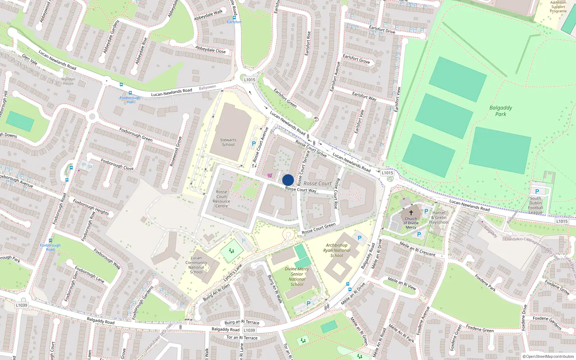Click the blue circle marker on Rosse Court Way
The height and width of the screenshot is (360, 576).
(288, 180)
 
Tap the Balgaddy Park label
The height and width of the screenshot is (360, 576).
(500, 111)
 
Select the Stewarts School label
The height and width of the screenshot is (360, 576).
(228, 142)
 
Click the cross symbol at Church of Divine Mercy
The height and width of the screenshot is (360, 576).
(411, 213)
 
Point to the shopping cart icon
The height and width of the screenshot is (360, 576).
(270, 175)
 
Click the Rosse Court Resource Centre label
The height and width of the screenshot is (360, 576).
(221, 199)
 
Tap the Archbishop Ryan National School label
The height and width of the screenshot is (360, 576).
(337, 250)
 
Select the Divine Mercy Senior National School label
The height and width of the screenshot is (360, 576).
(297, 276)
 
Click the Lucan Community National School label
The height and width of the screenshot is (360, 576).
(196, 265)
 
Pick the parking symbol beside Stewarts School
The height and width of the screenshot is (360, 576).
(254, 144)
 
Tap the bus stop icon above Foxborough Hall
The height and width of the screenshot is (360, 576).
(130, 93)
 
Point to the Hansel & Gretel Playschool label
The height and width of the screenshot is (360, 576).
(439, 217)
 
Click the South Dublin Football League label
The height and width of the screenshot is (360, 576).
(536, 205)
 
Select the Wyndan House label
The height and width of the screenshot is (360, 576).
(68, 81)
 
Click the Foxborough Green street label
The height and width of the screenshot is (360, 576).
(136, 135)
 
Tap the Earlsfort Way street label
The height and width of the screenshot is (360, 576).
(364, 96)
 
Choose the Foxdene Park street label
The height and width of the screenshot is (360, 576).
(485, 283)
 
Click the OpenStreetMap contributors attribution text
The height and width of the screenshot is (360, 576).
(548, 356)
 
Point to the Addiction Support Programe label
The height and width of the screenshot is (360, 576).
(558, 7)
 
